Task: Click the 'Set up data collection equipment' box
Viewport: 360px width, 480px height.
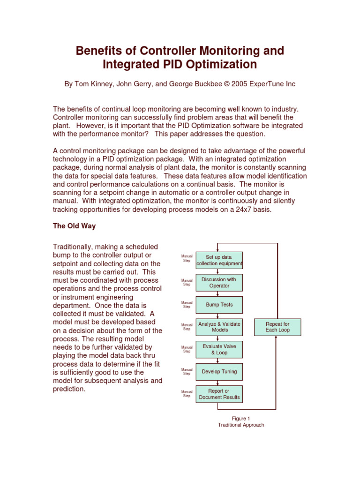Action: pos(219,261)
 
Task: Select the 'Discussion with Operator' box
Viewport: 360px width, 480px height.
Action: pos(219,283)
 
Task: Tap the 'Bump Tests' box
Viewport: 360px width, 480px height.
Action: pos(219,305)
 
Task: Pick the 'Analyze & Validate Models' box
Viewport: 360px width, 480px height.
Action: pos(219,327)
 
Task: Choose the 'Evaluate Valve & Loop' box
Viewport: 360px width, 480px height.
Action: pos(219,349)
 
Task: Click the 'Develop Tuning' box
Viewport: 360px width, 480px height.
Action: pos(219,371)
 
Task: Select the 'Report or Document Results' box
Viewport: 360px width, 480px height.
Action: pos(219,394)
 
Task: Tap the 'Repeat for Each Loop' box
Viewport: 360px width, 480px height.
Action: pos(277,327)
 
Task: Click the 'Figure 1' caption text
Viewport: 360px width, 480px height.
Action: pos(241,418)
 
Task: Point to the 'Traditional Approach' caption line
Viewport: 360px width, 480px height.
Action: pos(241,425)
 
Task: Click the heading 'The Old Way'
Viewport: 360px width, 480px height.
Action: pos(74,226)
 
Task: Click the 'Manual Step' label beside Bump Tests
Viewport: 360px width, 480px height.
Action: pos(187,305)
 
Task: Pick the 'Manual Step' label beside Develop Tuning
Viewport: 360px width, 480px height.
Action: pos(187,371)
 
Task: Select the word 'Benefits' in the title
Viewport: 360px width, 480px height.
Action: pos(103,50)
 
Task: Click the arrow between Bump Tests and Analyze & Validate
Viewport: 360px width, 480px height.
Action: pos(219,315)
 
